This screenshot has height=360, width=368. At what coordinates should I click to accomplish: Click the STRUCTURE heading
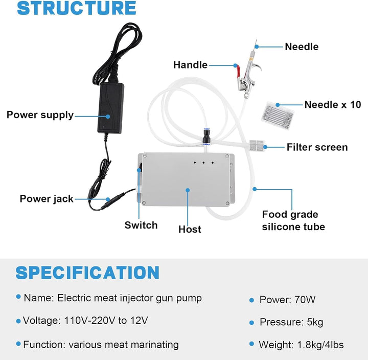click(x=77, y=9)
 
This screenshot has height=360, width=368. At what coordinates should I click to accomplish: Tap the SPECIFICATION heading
click(x=87, y=273)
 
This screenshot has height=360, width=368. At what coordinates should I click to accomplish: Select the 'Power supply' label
click(x=40, y=115)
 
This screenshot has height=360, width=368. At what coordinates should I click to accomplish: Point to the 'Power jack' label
click(x=47, y=198)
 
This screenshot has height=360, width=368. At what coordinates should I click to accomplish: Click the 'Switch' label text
click(x=141, y=225)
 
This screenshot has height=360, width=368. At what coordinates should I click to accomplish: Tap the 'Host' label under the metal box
click(x=190, y=230)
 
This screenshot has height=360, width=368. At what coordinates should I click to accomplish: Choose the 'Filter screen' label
click(x=317, y=147)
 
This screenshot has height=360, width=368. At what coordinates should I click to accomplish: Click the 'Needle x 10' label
click(x=333, y=105)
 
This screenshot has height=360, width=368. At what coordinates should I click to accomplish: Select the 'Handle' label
click(x=190, y=65)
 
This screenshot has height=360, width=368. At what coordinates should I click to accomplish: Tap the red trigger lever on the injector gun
click(x=237, y=71)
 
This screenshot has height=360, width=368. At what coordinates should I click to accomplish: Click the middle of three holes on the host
click(x=203, y=164)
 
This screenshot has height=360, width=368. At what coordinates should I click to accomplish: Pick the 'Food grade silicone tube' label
click(x=293, y=220)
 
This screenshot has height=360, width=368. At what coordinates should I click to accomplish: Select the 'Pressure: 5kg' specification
click(x=291, y=322)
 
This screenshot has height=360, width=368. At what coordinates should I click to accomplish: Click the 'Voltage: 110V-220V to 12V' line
click(x=85, y=321)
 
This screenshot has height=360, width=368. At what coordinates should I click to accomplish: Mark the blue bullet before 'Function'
click(x=19, y=344)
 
